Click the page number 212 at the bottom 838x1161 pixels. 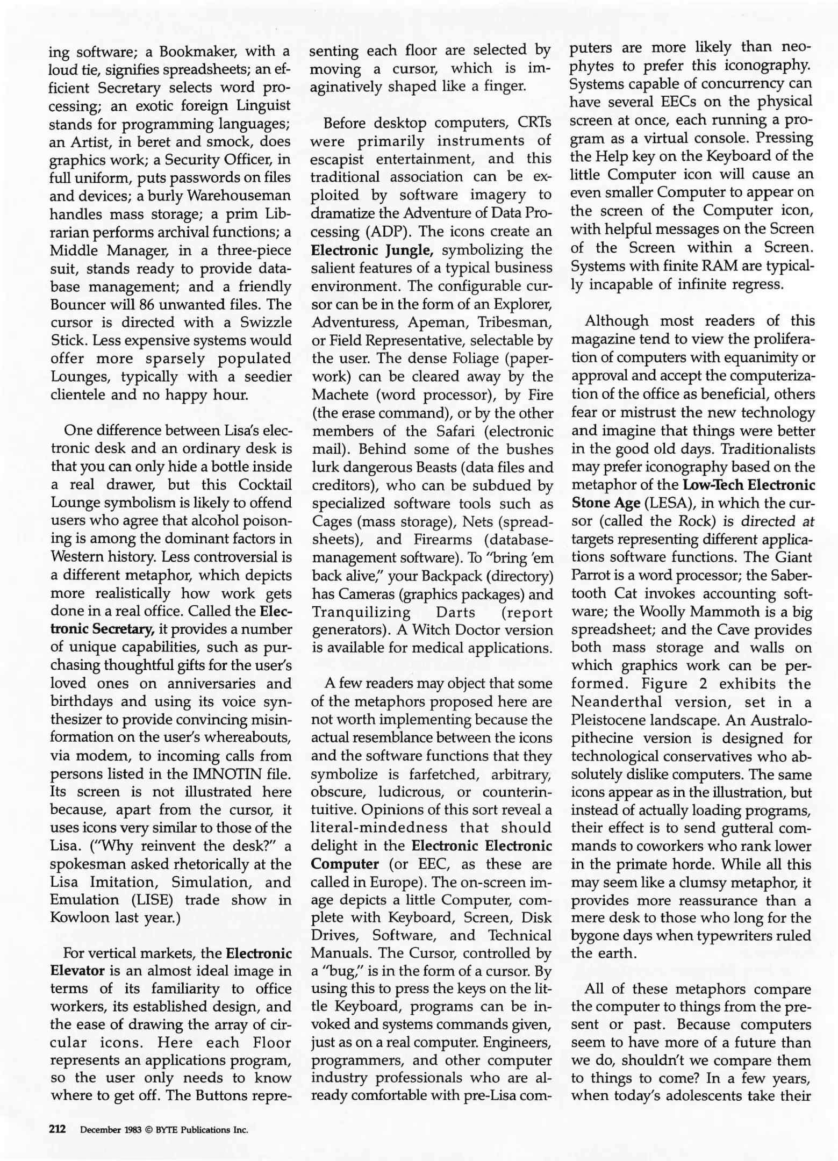[58, 1129]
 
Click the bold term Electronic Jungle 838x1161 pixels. [373, 250]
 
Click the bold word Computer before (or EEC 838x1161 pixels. [345, 864]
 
